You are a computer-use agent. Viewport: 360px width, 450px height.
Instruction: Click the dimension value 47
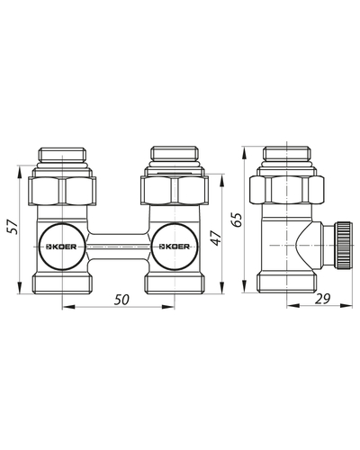[x=216, y=238]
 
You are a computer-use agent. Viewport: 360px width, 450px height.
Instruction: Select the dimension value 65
[x=237, y=220]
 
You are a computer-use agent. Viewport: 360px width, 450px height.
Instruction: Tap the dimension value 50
[x=121, y=300]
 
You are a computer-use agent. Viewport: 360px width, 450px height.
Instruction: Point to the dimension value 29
[x=322, y=299]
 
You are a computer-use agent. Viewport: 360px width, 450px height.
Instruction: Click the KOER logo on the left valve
[x=61, y=247]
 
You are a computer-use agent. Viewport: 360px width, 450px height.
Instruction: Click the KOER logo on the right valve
[x=175, y=247]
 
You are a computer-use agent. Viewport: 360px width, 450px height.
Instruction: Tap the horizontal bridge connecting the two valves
[x=119, y=247]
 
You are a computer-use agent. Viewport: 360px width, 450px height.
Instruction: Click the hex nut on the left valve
[x=62, y=191]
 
